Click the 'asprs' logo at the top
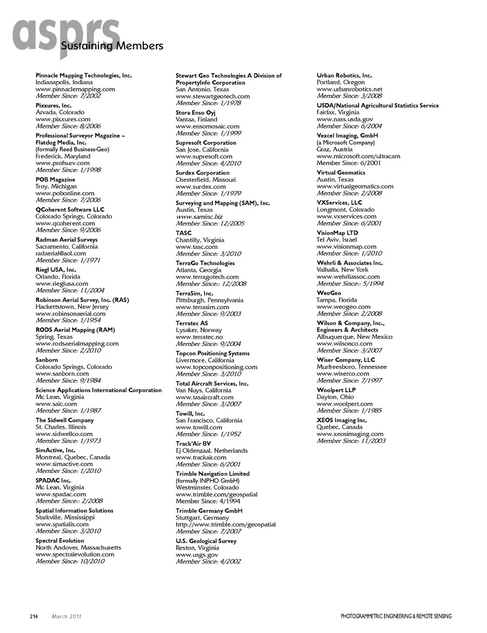click(x=66, y=36)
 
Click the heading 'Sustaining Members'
click(x=112, y=46)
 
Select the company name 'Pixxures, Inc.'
click(x=53, y=106)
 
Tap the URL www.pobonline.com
click(x=65, y=194)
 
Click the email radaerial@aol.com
click(x=61, y=254)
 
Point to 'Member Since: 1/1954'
click(x=68, y=321)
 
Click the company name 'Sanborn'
click(x=47, y=360)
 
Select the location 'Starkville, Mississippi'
click(x=65, y=518)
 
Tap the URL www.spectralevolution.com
click(x=75, y=555)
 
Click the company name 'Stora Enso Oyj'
click(x=195, y=113)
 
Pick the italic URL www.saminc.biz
click(x=199, y=217)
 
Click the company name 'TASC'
click(x=184, y=233)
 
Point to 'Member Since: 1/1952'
click(x=208, y=434)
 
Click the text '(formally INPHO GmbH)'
click(x=207, y=481)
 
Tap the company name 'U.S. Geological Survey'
click(x=206, y=541)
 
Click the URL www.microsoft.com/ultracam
click(x=358, y=156)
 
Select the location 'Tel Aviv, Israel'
click(x=337, y=240)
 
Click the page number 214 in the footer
click(x=33, y=617)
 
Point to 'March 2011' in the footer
click(x=66, y=617)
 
